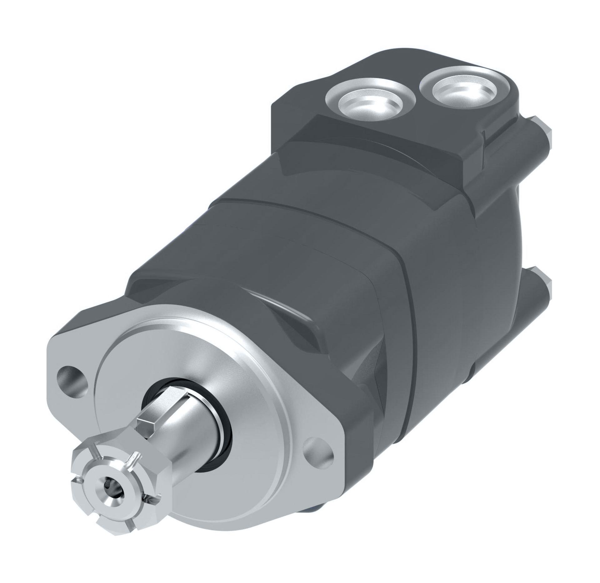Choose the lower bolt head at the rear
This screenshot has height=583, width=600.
point(544,282)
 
